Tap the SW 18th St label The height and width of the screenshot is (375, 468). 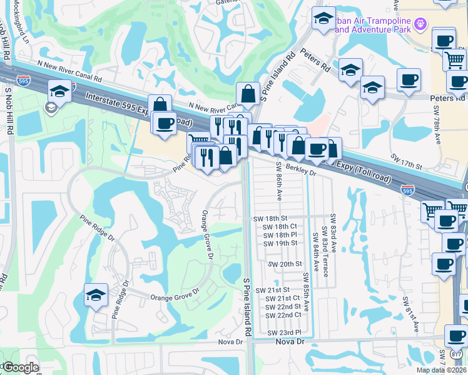pos(269,219)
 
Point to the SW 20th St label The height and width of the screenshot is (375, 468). pos(285,264)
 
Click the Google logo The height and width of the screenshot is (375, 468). pos(20,367)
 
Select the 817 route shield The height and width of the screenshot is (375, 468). pos(457,354)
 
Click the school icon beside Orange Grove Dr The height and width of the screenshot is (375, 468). pos(96,296)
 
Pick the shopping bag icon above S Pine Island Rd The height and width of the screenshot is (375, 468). pos(248,94)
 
